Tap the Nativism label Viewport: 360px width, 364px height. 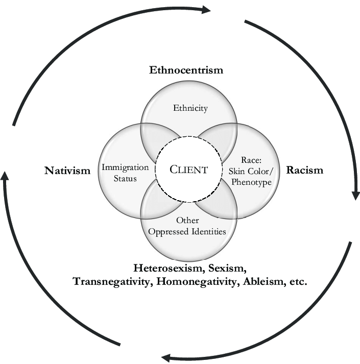67,169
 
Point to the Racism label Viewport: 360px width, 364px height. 305,169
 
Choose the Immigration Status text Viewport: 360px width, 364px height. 125,173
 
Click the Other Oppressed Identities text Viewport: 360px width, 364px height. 187,226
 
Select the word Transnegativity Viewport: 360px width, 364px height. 112,281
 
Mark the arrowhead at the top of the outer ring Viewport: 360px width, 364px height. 206,9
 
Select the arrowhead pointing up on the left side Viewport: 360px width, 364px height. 5,176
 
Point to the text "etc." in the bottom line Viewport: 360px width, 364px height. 297,281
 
